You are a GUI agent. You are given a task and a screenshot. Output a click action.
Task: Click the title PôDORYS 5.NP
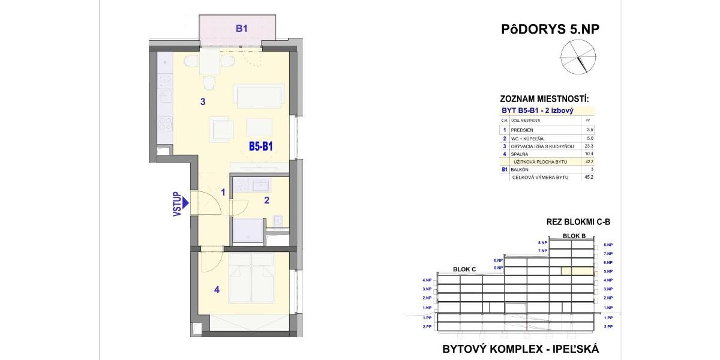(550, 29)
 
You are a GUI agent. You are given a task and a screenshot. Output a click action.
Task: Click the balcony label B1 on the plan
(241, 28)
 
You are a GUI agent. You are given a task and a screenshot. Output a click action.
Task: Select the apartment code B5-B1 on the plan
(262, 145)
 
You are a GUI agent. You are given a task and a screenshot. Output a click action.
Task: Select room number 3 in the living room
(203, 102)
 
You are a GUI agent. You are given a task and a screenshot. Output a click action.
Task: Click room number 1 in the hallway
(223, 193)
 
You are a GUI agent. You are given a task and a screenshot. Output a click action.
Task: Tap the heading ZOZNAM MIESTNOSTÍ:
(544, 98)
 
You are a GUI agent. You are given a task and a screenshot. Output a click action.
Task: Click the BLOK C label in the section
(464, 269)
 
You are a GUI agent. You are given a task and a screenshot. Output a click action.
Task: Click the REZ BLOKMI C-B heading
(578, 221)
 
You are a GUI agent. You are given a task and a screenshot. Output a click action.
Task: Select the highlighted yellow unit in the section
(577, 271)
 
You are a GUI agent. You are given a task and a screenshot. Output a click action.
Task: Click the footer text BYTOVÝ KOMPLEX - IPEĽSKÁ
(520, 349)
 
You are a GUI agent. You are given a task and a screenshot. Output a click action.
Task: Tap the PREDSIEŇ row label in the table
(523, 129)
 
